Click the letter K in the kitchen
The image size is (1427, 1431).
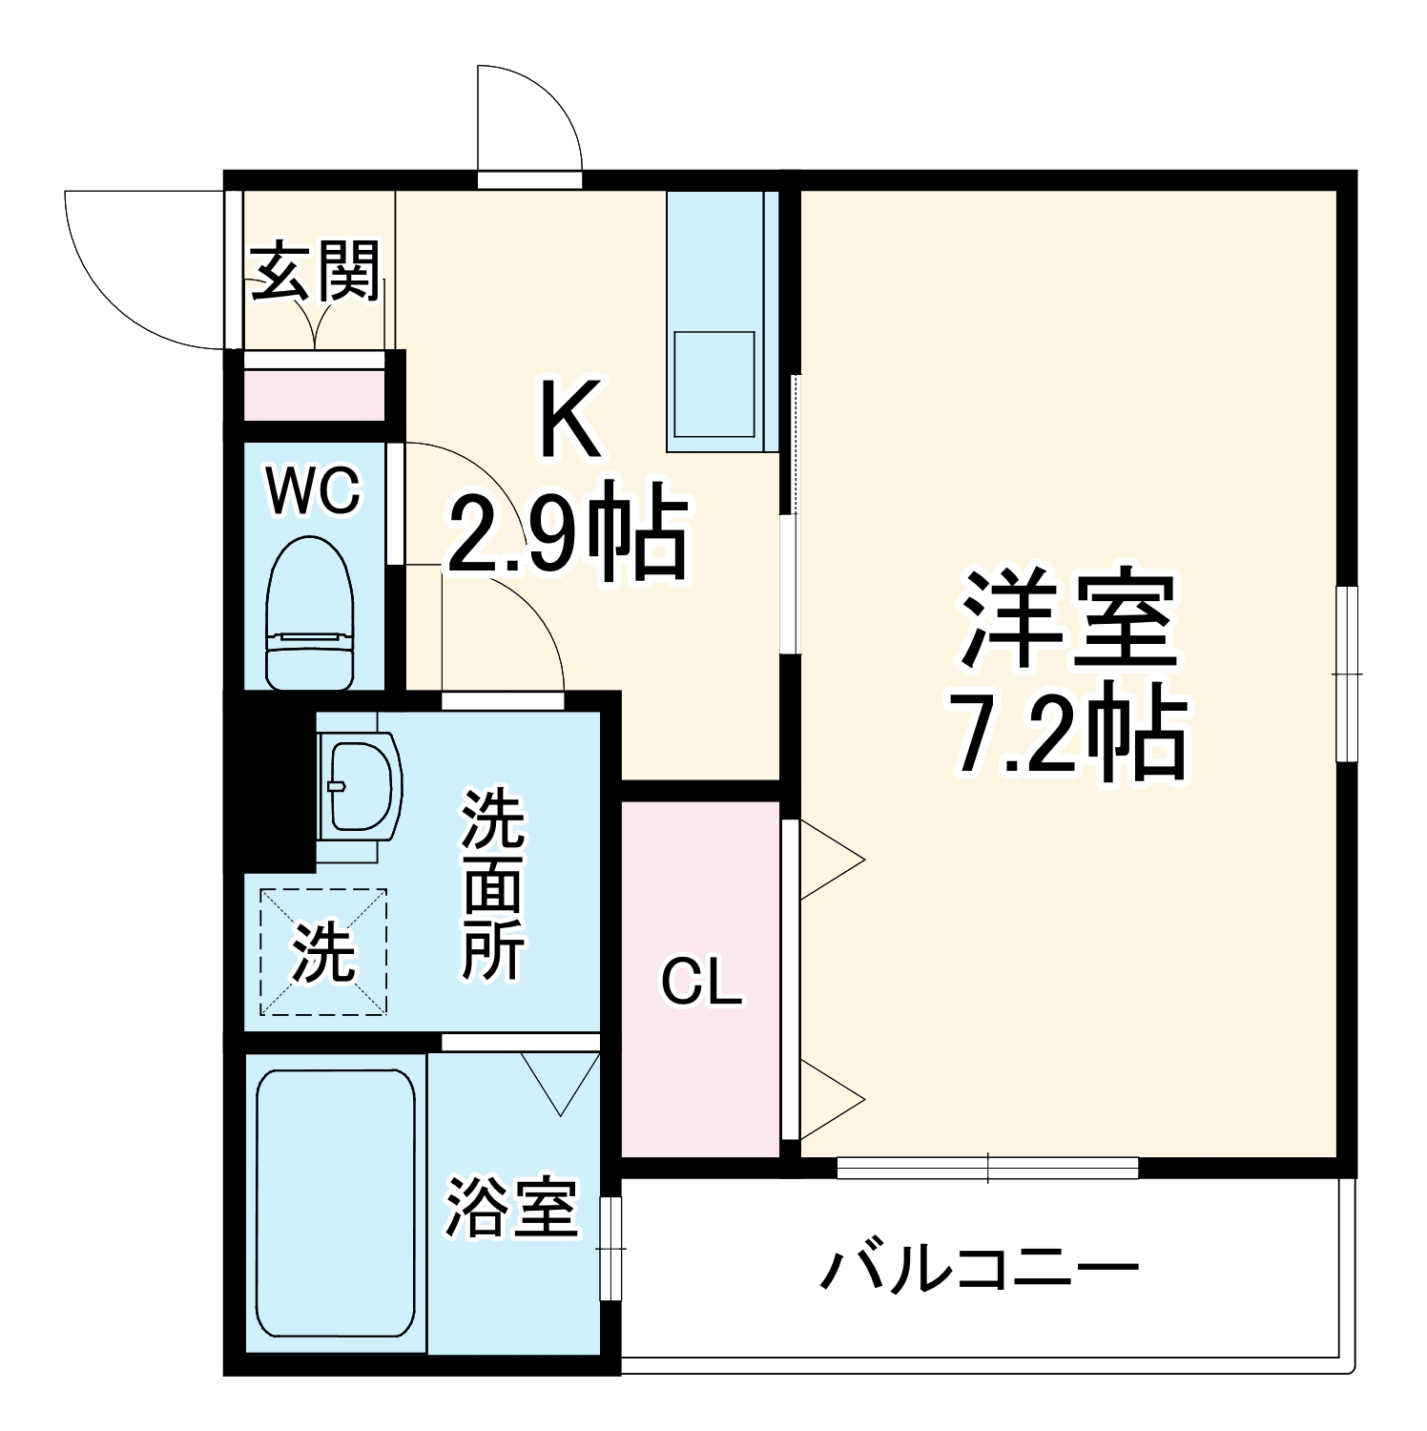[571, 420]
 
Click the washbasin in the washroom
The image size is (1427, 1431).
[360, 786]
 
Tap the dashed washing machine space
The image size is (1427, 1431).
[322, 951]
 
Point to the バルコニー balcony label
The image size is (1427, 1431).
[980, 1269]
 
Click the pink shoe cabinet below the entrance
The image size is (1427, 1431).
[314, 395]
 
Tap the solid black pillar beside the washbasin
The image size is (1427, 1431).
[270, 787]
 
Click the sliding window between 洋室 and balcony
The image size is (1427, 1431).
[987, 1168]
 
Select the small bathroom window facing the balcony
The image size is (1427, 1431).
[610, 1248]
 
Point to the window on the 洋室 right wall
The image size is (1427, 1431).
[1346, 674]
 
